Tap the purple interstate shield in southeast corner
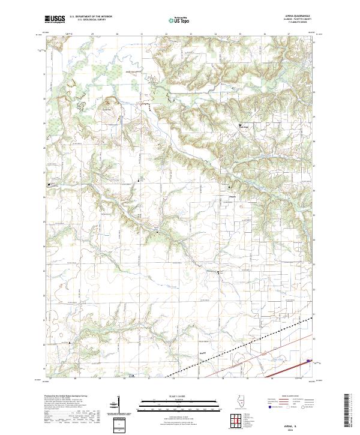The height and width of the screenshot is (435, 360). [310, 361]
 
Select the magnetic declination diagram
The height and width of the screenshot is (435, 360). [119, 411]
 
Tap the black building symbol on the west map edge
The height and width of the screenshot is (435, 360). [49, 185]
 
